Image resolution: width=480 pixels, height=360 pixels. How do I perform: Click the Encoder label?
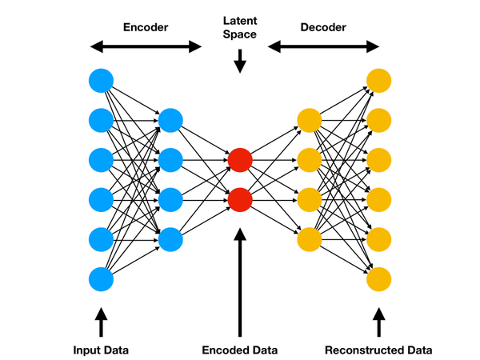[x=145, y=26]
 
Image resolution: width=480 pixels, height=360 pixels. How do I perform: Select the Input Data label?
[x=102, y=350]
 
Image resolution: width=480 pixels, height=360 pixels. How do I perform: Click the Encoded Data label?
[x=240, y=350]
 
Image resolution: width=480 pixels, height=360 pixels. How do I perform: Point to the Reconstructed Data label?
[x=378, y=350]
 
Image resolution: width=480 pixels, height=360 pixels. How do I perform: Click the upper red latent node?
[x=240, y=160]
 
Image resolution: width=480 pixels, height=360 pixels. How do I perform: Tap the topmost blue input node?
[x=102, y=81]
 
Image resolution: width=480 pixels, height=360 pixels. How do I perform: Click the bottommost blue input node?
[x=102, y=279]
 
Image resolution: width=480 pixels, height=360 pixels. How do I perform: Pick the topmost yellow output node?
[x=378, y=81]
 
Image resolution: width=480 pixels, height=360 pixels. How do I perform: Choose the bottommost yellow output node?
[x=378, y=279]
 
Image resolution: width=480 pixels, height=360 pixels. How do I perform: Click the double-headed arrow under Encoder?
[x=145, y=46]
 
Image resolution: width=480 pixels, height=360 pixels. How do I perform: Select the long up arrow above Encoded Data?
[x=240, y=280]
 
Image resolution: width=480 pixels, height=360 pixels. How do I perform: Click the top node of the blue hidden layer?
[x=170, y=121]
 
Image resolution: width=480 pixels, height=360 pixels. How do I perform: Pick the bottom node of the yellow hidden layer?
[x=309, y=238]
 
